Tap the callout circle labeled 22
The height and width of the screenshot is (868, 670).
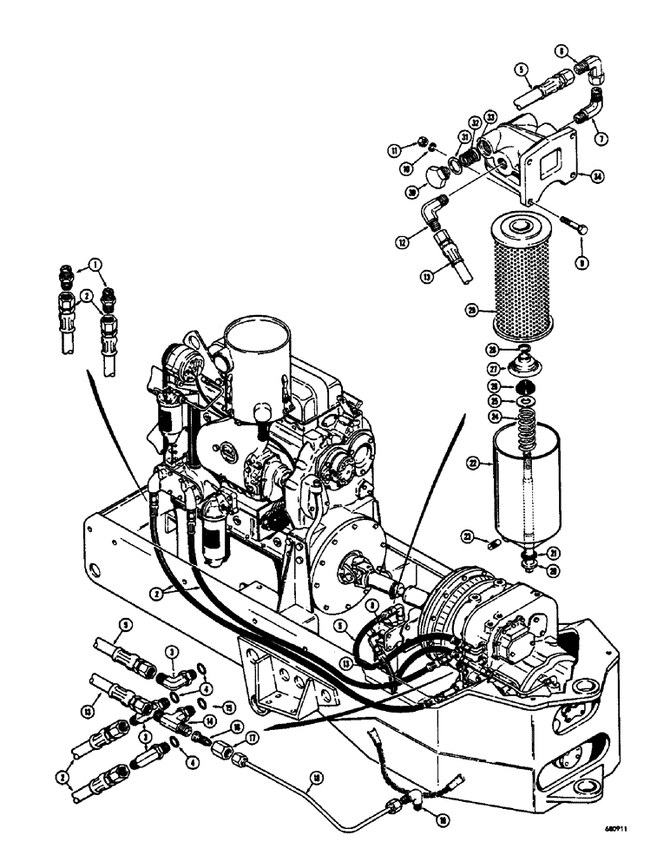(476, 465)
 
